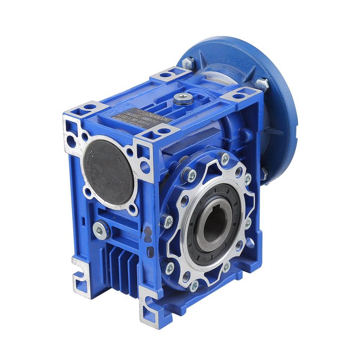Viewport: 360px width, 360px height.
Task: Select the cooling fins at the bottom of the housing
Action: pyautogui.click(x=122, y=270)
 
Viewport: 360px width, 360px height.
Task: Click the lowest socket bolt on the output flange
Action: pyautogui.click(x=194, y=285)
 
